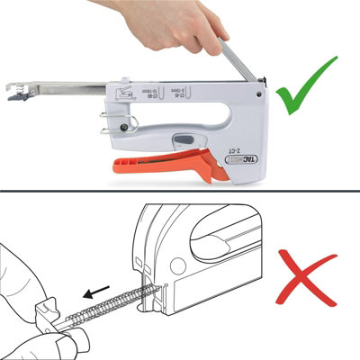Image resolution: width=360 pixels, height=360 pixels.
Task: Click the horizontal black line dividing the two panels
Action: click(x=180, y=190)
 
